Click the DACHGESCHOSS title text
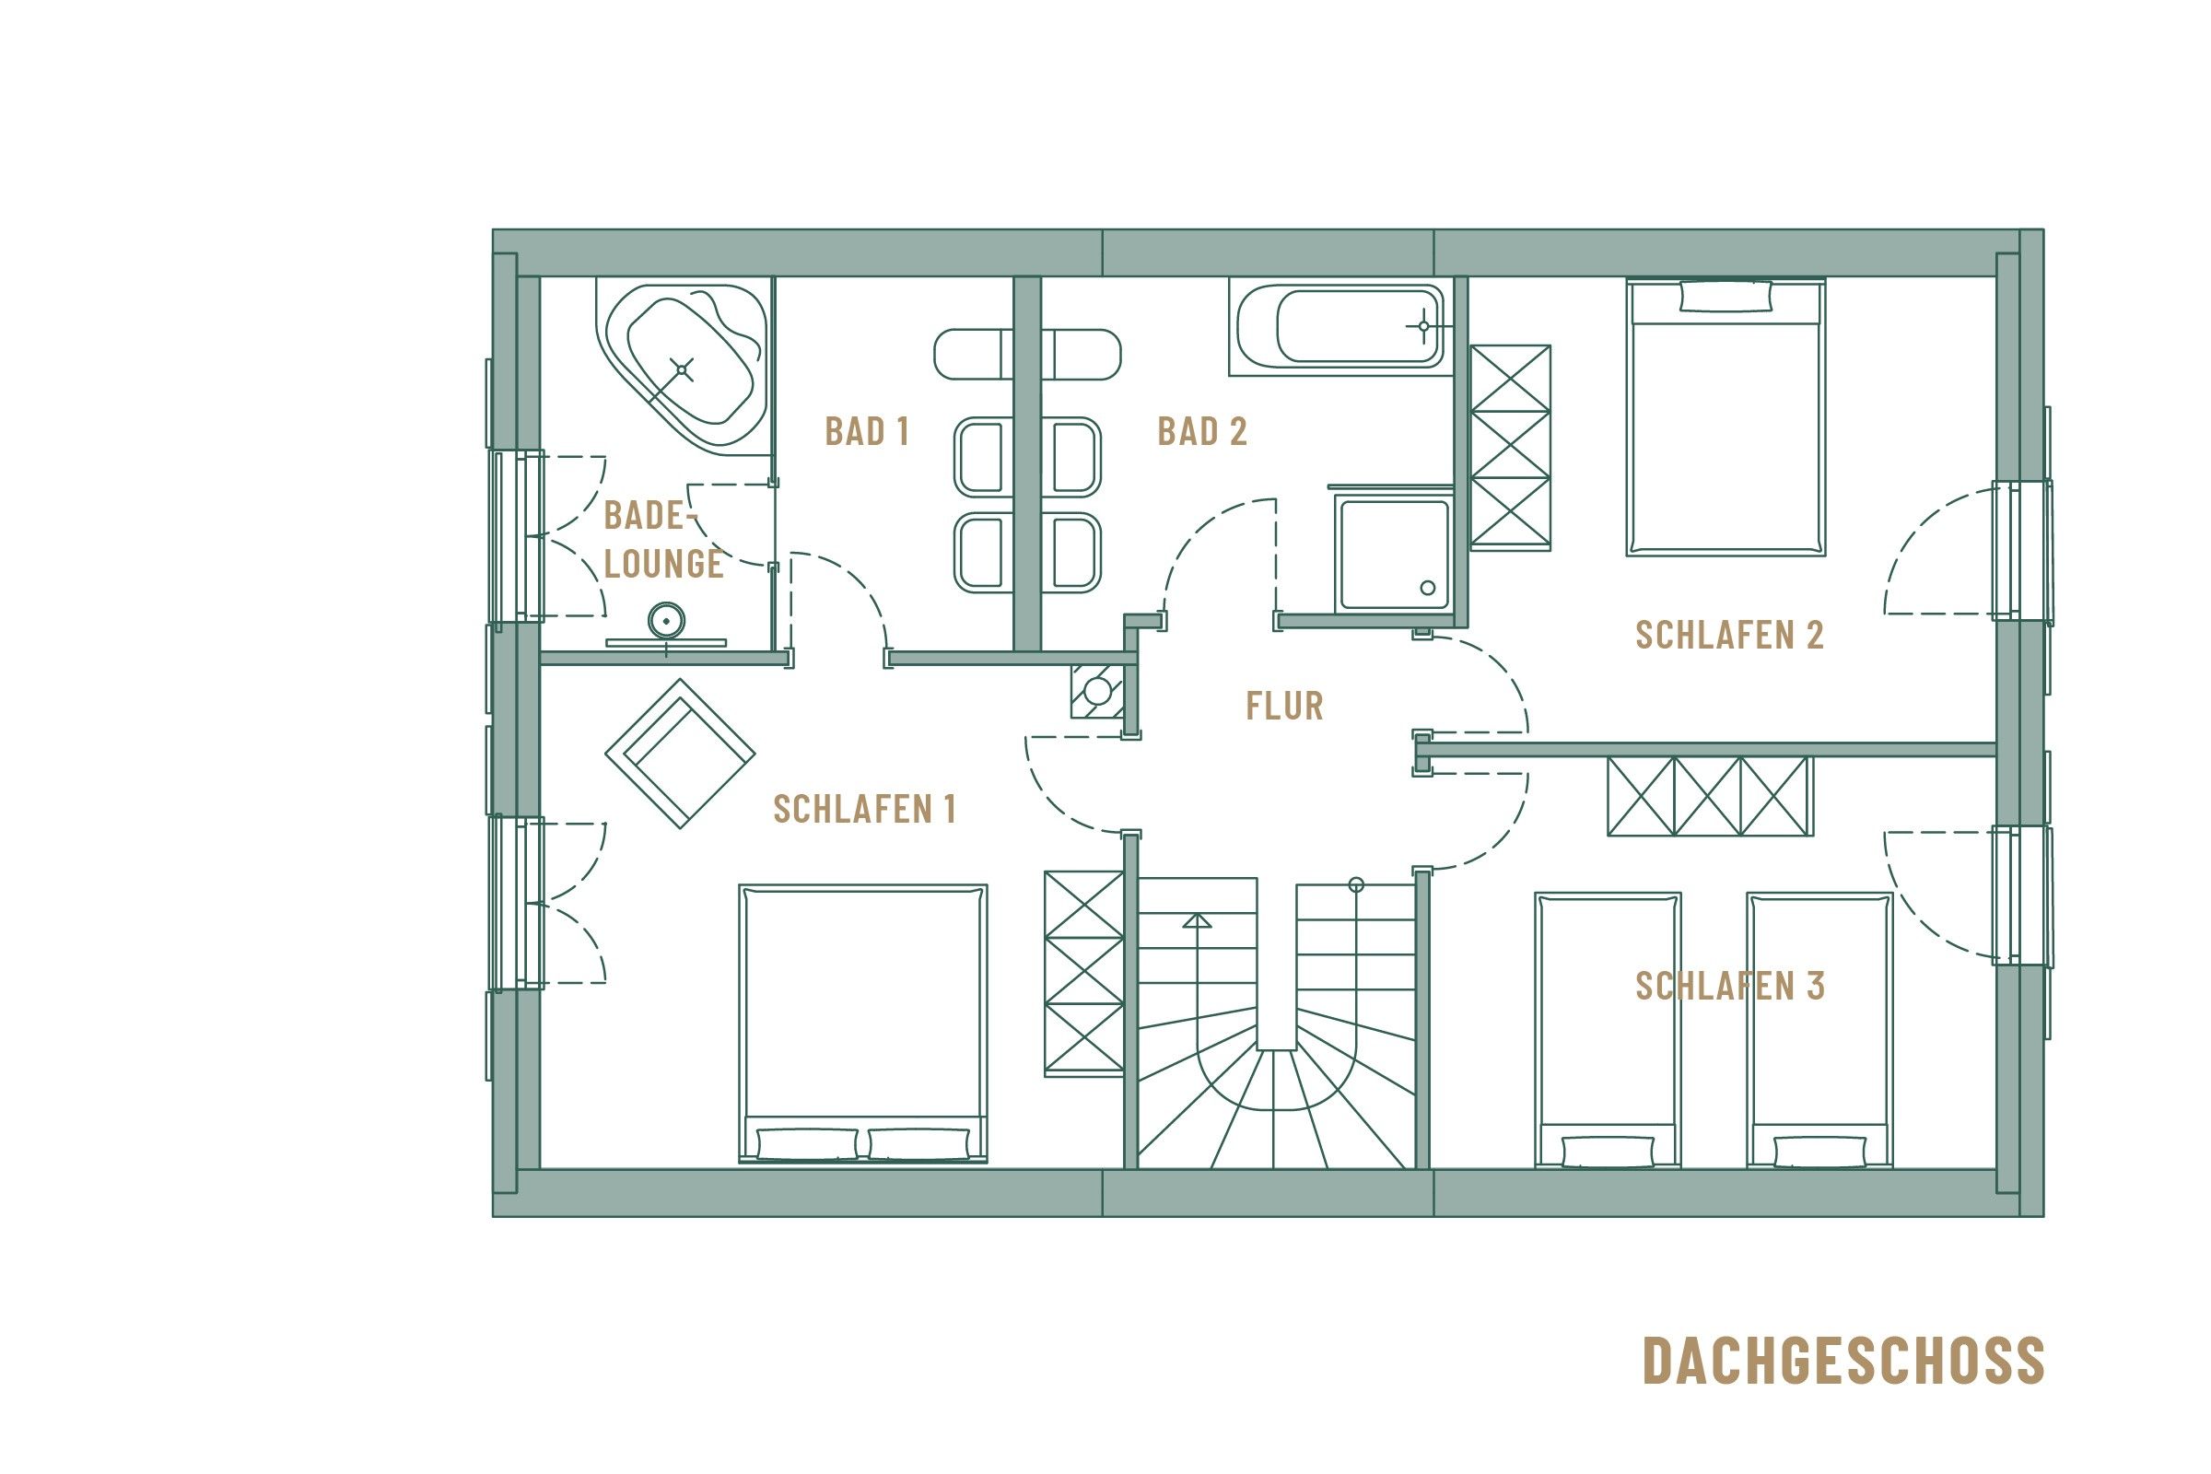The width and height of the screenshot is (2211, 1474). point(1842,1361)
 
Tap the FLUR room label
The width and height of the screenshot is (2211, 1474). point(1284,706)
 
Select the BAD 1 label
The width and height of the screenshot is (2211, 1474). point(867,431)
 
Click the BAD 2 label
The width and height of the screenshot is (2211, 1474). point(1201,431)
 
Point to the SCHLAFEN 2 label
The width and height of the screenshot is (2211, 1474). point(1730,636)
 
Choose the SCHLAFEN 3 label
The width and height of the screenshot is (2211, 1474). point(1730,986)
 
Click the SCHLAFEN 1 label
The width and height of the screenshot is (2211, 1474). point(865,810)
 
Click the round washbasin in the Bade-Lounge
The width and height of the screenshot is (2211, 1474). point(665,621)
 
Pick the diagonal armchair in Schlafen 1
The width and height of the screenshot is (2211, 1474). point(680,753)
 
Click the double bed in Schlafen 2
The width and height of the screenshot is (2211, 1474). point(1725,418)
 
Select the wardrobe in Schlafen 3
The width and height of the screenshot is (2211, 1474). point(1709,796)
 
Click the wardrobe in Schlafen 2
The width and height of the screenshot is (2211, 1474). point(1510,447)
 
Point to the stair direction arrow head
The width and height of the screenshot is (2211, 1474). point(1197,920)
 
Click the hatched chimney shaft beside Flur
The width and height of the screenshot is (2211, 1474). point(1097,691)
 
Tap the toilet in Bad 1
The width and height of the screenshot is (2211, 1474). point(972,355)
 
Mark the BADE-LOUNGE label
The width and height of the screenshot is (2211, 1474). point(662,540)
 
